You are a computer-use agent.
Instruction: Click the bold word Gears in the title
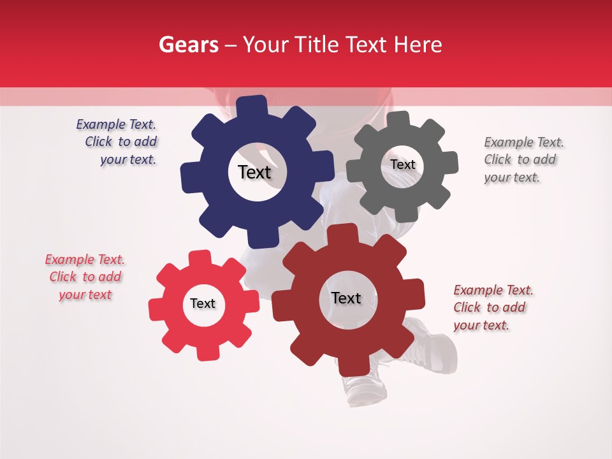(x=188, y=45)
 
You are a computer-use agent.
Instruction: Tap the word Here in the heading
(x=417, y=45)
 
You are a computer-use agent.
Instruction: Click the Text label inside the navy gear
(x=254, y=172)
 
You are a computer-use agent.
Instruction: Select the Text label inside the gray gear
(x=402, y=164)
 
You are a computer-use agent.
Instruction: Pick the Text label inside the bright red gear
(x=203, y=303)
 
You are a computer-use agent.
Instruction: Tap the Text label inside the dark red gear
(x=346, y=298)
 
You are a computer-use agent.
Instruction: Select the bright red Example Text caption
(x=85, y=277)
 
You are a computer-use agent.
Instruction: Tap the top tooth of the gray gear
(x=398, y=119)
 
